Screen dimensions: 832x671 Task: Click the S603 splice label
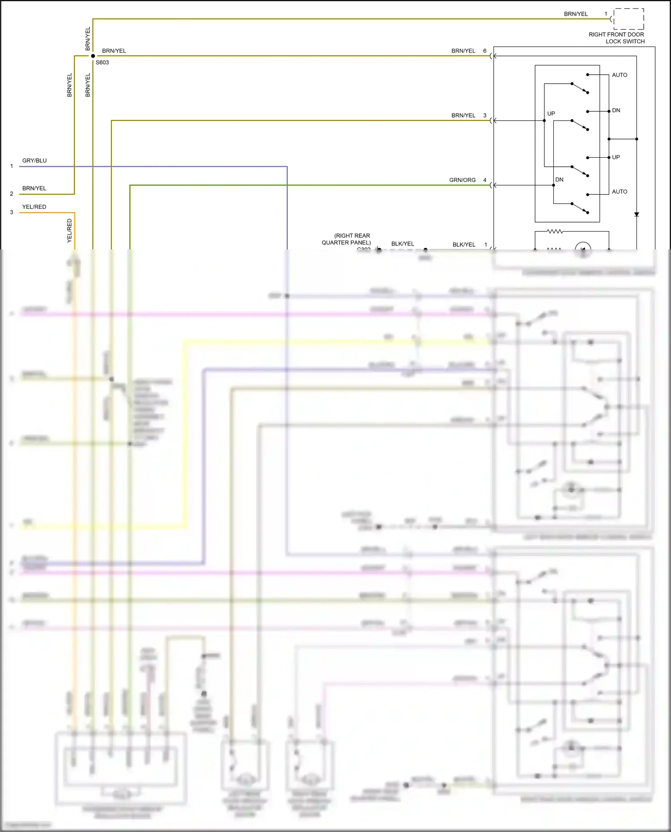[x=102, y=63]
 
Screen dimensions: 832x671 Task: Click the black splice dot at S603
[x=93, y=56]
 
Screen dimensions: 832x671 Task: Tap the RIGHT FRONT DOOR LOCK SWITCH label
[x=616, y=38]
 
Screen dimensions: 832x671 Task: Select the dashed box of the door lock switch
[x=629, y=19]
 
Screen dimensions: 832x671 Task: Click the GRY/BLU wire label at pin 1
[x=34, y=160]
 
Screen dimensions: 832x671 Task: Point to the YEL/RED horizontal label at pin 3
[x=34, y=207]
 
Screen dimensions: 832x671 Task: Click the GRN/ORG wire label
[x=462, y=180]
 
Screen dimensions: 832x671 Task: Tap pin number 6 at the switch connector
[x=484, y=51]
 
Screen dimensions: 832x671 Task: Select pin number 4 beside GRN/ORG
[x=484, y=180]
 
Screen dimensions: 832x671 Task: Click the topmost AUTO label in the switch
[x=619, y=75]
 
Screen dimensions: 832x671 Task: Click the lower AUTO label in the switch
[x=619, y=192]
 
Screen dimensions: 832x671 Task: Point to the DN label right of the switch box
[x=616, y=110]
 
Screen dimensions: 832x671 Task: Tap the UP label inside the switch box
[x=551, y=114]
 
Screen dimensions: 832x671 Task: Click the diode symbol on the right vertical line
[x=637, y=215]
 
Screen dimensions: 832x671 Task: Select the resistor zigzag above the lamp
[x=555, y=232]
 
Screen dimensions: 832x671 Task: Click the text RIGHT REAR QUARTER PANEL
[x=347, y=239]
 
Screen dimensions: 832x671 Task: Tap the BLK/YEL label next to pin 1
[x=464, y=245]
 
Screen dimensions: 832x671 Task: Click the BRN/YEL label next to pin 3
[x=463, y=115]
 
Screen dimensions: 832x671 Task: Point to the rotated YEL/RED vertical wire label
[x=69, y=231]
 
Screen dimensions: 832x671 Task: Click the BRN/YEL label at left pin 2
[x=34, y=188]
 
